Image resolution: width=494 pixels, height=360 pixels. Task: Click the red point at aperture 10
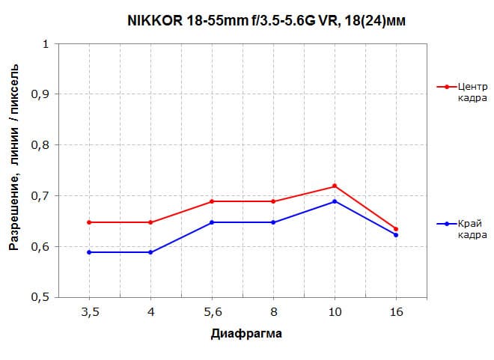(335, 186)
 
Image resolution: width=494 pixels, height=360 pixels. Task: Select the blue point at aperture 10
(335, 201)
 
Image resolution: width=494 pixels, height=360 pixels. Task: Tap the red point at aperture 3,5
(89, 222)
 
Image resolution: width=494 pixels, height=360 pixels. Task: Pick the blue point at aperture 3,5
(89, 252)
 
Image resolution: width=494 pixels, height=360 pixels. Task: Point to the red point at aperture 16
(396, 229)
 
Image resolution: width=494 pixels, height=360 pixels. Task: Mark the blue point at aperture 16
(396, 235)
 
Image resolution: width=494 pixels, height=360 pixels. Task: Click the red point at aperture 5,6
(212, 201)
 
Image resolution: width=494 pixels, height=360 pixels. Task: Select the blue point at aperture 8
(273, 222)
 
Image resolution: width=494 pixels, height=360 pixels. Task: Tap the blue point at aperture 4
(150, 252)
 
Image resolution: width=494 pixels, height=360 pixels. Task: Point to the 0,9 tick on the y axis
(43, 94)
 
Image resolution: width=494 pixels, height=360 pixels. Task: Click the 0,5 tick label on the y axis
(43, 297)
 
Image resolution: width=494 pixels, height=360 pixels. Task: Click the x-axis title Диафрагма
(246, 333)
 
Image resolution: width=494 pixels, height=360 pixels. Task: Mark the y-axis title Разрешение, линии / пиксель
(14, 171)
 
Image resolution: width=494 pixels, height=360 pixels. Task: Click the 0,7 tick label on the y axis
(43, 196)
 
